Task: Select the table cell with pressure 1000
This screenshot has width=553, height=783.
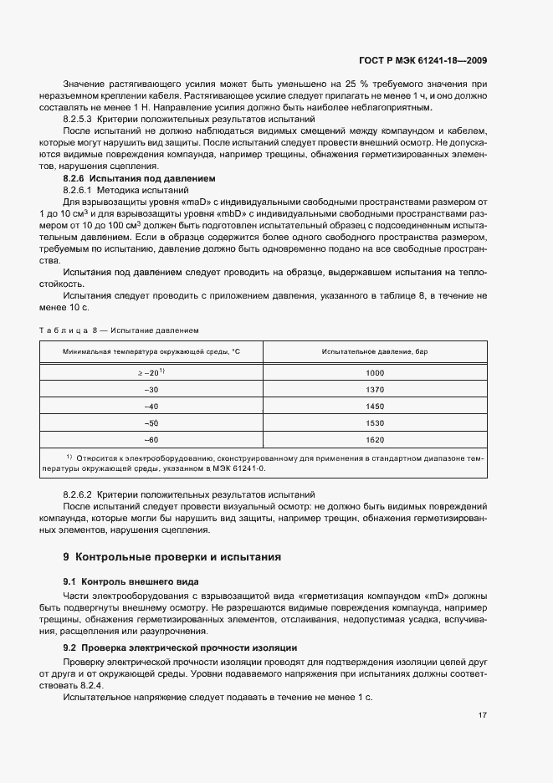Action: (x=375, y=372)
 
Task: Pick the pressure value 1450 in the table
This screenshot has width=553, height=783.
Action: (x=375, y=406)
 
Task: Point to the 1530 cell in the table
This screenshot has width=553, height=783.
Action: (x=375, y=422)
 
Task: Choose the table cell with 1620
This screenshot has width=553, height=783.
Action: (x=375, y=439)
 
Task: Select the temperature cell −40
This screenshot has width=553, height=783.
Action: (x=151, y=406)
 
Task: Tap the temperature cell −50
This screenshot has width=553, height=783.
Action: (x=151, y=422)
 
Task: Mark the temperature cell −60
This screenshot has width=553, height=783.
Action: (x=151, y=439)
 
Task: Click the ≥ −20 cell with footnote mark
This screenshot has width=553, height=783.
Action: (x=151, y=372)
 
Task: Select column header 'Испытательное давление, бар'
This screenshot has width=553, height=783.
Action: (x=375, y=352)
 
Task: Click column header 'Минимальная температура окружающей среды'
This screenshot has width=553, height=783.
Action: (x=151, y=352)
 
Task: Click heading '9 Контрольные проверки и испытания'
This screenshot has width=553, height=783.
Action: (x=172, y=556)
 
